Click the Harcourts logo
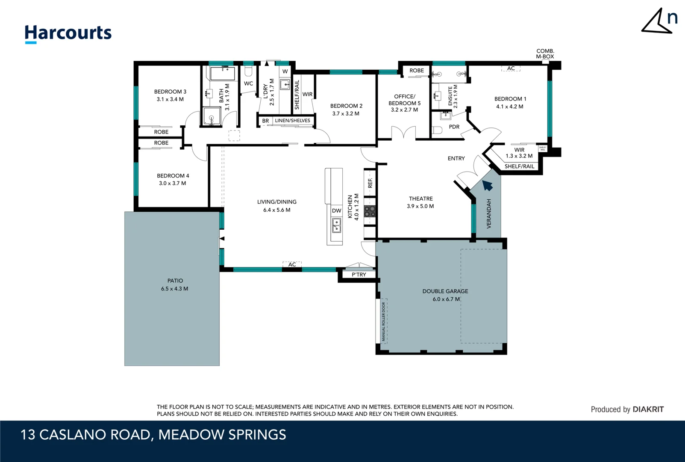[x=68, y=33]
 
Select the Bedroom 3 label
[x=170, y=92]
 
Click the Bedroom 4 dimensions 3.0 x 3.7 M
[x=172, y=183]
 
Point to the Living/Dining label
[x=276, y=202]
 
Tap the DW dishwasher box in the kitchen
[x=337, y=210]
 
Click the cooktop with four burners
[x=370, y=211]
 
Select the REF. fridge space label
[x=370, y=183]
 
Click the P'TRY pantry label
[x=359, y=275]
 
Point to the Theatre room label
[x=420, y=198]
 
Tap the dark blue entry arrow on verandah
[x=488, y=185]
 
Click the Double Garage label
[x=445, y=291]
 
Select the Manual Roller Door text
[x=384, y=322]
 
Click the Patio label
[x=175, y=281]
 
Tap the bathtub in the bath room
[x=222, y=73]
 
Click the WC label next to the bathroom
[x=248, y=83]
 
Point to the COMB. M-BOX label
[x=545, y=53]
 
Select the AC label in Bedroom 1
[x=511, y=68]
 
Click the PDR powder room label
[x=454, y=127]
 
